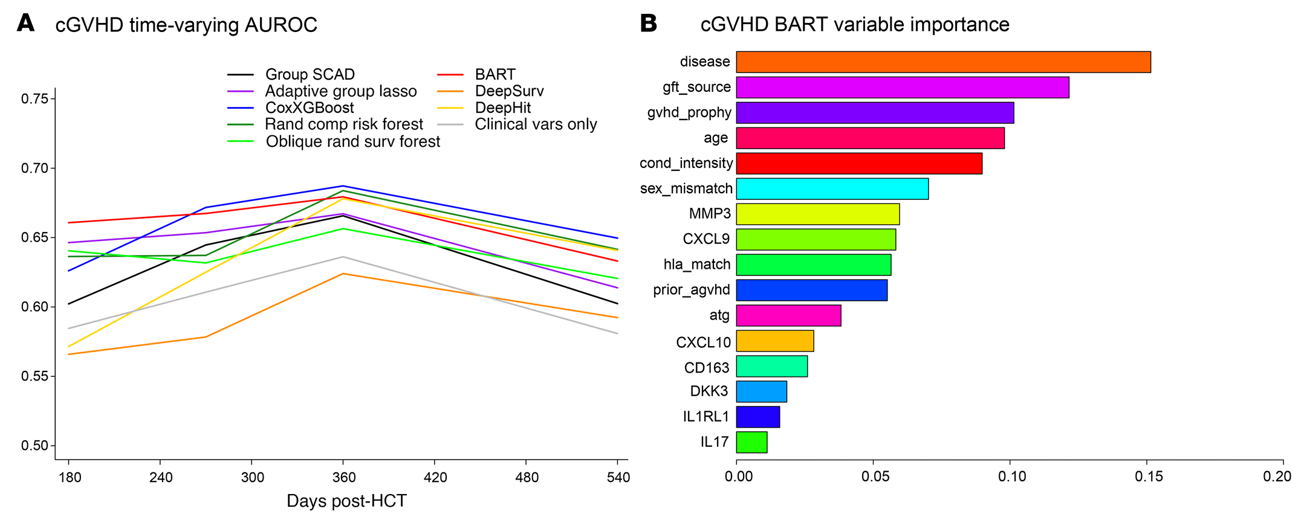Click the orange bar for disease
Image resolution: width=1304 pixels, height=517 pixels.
click(943, 62)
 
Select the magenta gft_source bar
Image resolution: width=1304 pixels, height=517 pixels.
click(902, 88)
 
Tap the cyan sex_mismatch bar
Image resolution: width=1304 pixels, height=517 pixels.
click(832, 189)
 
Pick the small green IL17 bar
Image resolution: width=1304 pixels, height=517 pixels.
click(751, 442)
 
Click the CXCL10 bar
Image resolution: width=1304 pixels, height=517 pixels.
click(774, 341)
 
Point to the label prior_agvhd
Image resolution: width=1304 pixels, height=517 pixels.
click(691, 290)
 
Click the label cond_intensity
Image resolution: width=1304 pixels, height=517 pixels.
click(686, 163)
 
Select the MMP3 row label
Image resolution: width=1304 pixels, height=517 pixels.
click(709, 214)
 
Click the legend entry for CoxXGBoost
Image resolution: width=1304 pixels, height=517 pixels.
click(310, 108)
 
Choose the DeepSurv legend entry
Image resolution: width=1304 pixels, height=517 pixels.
click(509, 91)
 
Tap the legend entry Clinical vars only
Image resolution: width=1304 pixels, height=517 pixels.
click(536, 124)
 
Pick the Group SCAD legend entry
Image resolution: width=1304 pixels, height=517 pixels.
click(310, 74)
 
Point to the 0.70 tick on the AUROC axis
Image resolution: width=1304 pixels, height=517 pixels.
click(34, 169)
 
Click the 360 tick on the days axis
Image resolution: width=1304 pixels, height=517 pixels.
click(343, 478)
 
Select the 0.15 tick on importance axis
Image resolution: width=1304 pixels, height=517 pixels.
click(1148, 477)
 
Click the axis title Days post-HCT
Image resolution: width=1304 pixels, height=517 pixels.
click(346, 501)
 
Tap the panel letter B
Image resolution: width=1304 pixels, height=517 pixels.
click(648, 24)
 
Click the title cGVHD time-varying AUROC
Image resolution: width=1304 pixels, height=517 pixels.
click(186, 25)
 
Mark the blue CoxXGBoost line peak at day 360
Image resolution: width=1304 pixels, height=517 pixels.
click(343, 186)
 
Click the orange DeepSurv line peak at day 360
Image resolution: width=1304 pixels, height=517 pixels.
click(343, 274)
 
